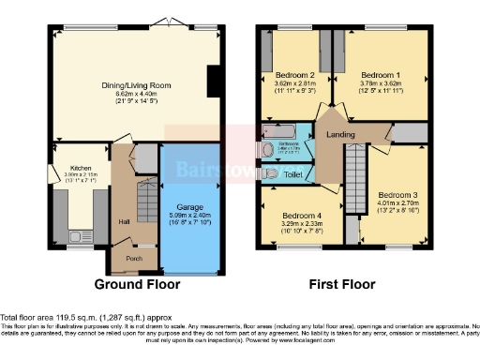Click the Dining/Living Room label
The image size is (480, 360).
coord(137,85)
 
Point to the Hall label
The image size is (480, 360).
coord(124,221)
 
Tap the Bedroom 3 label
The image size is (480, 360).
coord(400,194)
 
